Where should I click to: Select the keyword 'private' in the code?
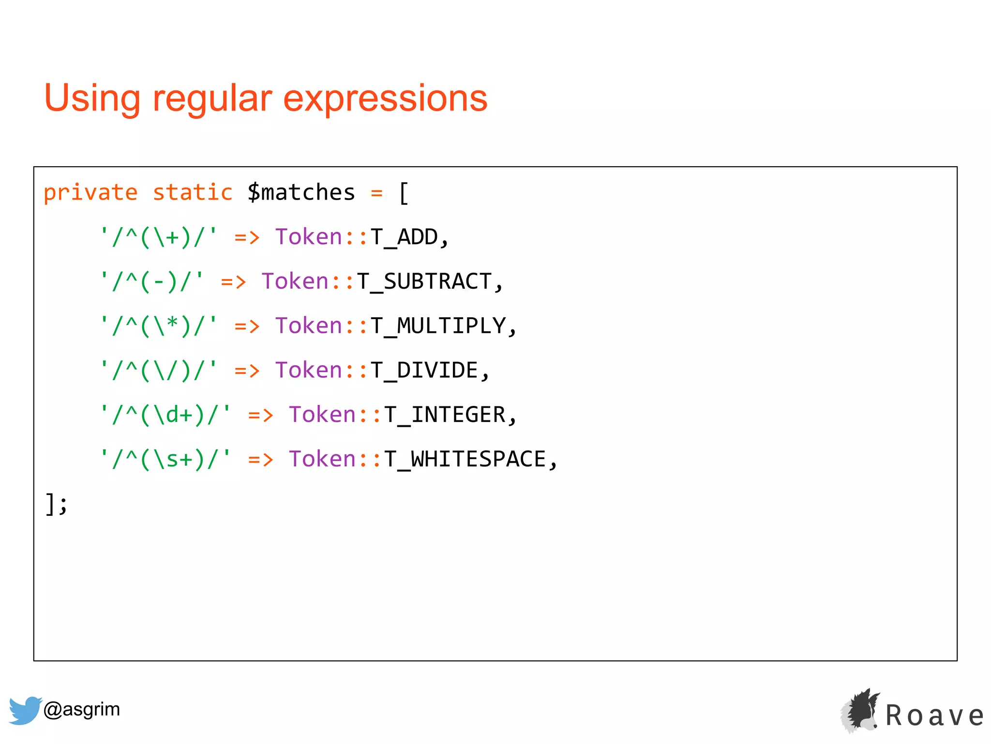pyautogui.click(x=90, y=193)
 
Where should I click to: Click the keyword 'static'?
pyautogui.click(x=193, y=193)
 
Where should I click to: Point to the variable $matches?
pyautogui.click(x=301, y=193)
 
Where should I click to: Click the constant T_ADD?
pyautogui.click(x=404, y=237)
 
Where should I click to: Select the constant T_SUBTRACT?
pyautogui.click(x=424, y=282)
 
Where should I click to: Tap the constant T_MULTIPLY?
pyautogui.click(x=438, y=326)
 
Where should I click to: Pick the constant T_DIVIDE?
pyautogui.click(x=424, y=371)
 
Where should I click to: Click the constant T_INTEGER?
pyautogui.click(x=445, y=415)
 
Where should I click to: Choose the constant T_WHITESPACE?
pyautogui.click(x=465, y=460)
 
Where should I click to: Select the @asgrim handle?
pyautogui.click(x=81, y=710)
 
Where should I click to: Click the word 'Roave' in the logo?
pyautogui.click(x=934, y=716)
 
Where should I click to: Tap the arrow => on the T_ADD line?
pyautogui.click(x=247, y=237)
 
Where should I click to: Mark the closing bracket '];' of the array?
pyautogui.click(x=56, y=504)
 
